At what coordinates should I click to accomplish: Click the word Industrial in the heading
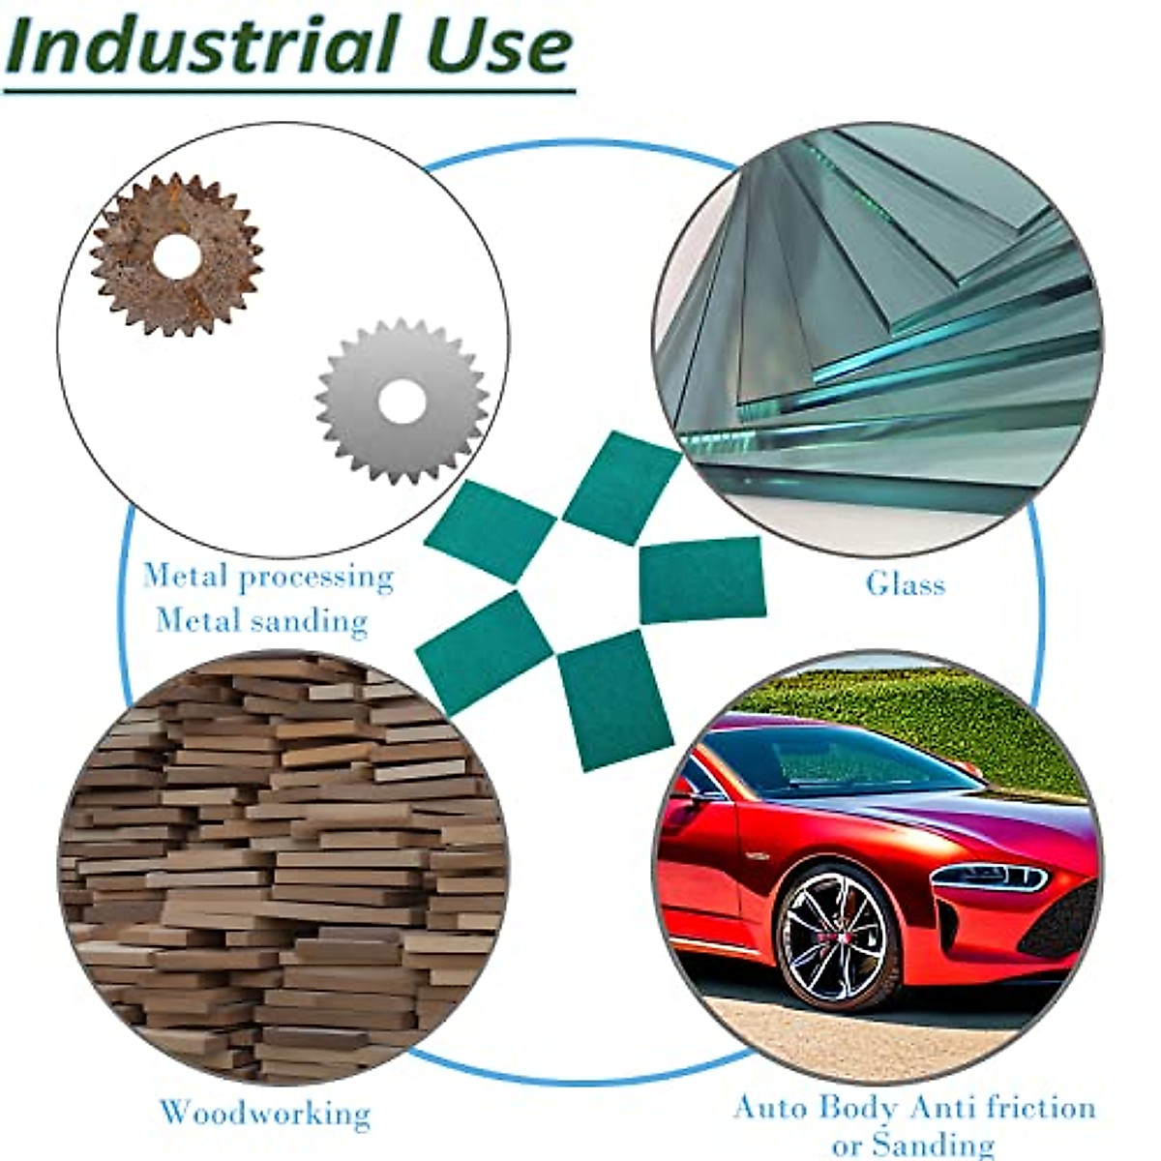point(203,45)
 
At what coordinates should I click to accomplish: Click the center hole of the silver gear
point(401,402)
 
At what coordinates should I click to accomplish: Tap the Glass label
point(905,583)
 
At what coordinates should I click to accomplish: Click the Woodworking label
point(265,1113)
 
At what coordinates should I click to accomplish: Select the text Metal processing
point(268,577)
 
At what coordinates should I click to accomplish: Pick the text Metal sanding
point(262,619)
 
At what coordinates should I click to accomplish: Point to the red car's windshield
point(851,760)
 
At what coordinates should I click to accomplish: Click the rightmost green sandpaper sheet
point(702,580)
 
